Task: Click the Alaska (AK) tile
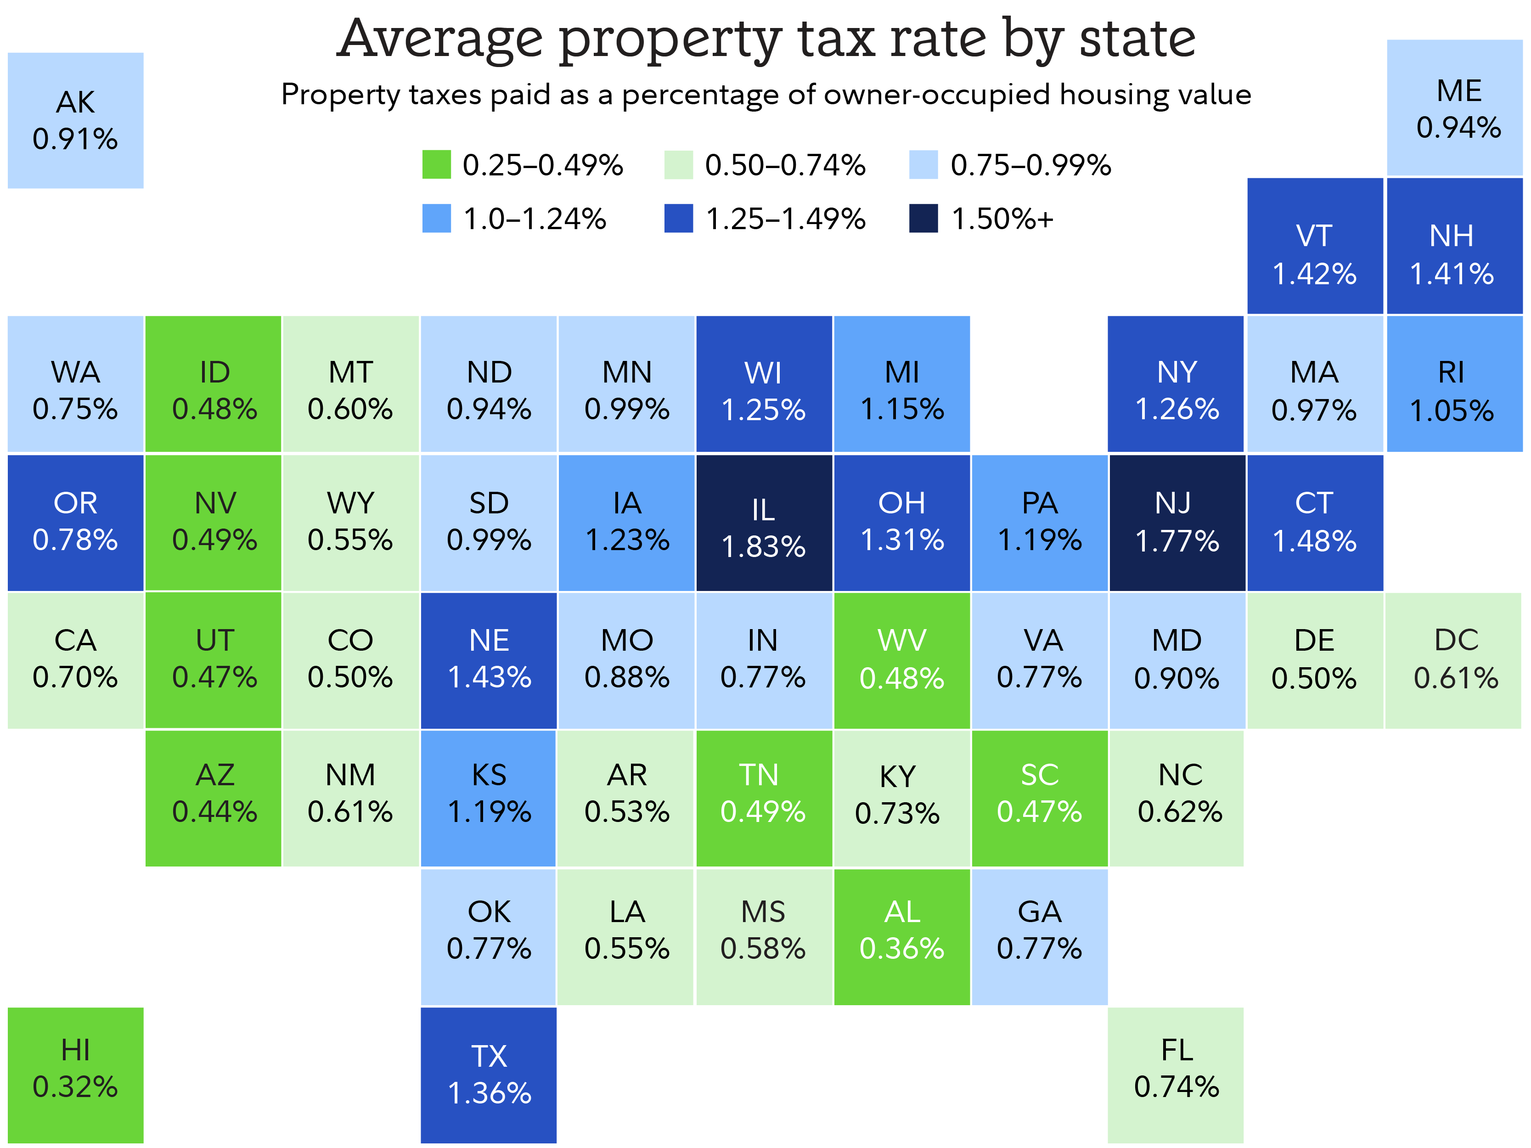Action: [75, 120]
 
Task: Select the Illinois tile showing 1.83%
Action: [763, 523]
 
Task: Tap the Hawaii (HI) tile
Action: [75, 1075]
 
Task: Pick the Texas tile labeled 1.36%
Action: [489, 1075]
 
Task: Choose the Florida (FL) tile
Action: [1176, 1075]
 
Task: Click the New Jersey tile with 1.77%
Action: [1176, 523]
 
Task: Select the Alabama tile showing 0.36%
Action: [901, 936]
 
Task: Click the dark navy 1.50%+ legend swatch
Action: [923, 219]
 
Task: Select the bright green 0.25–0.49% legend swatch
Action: [436, 165]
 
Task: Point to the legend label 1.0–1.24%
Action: [535, 219]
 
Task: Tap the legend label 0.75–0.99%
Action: [1030, 165]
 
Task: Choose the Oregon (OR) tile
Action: [75, 523]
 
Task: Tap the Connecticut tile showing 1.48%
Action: [1314, 523]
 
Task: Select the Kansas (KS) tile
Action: [489, 798]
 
